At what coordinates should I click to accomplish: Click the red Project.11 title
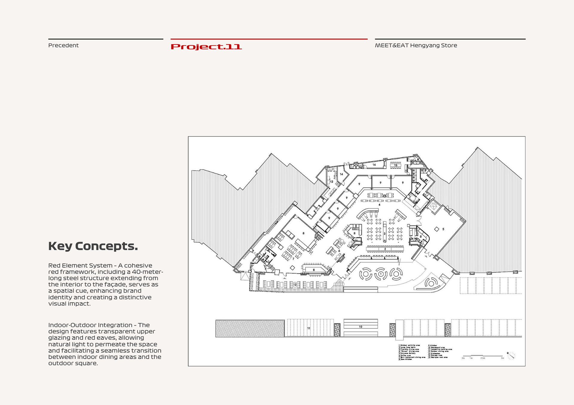[206, 47]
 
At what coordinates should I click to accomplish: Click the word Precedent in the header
[63, 45]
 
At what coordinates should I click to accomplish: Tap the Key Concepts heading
[93, 246]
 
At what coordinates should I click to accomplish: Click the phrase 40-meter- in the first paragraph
[147, 272]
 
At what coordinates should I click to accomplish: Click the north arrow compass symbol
[511, 355]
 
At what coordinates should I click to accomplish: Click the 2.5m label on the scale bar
[483, 358]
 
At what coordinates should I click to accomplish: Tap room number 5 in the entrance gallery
[443, 229]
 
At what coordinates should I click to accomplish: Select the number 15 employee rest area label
[396, 165]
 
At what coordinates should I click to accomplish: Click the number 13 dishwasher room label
[332, 181]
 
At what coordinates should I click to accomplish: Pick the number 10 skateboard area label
[361, 327]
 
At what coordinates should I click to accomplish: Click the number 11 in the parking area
[309, 328]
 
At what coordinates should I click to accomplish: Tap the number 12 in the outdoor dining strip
[295, 285]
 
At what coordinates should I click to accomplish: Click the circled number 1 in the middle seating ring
[381, 274]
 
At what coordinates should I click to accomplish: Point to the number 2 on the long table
[385, 249]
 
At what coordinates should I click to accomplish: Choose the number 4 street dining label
[380, 205]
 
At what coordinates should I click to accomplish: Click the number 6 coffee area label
[339, 251]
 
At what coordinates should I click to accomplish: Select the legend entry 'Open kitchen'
[406, 359]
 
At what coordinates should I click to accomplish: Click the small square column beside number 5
[436, 229]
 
